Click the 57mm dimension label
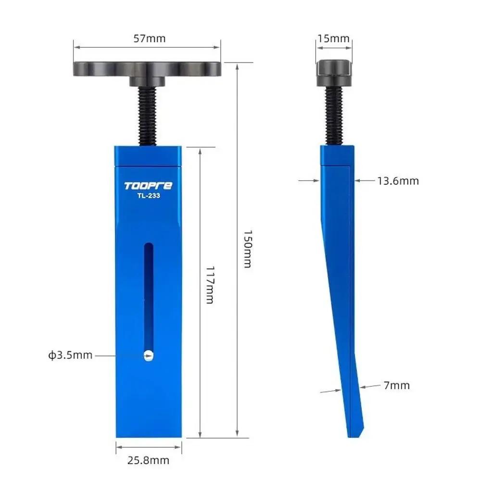149,38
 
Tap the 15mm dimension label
334,38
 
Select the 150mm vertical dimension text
247,248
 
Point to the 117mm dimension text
210,285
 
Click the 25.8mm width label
149,460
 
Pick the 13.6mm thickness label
398,181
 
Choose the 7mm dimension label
397,385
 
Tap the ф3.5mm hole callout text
70,355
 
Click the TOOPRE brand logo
148,186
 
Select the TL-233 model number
148,196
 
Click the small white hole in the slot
149,355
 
